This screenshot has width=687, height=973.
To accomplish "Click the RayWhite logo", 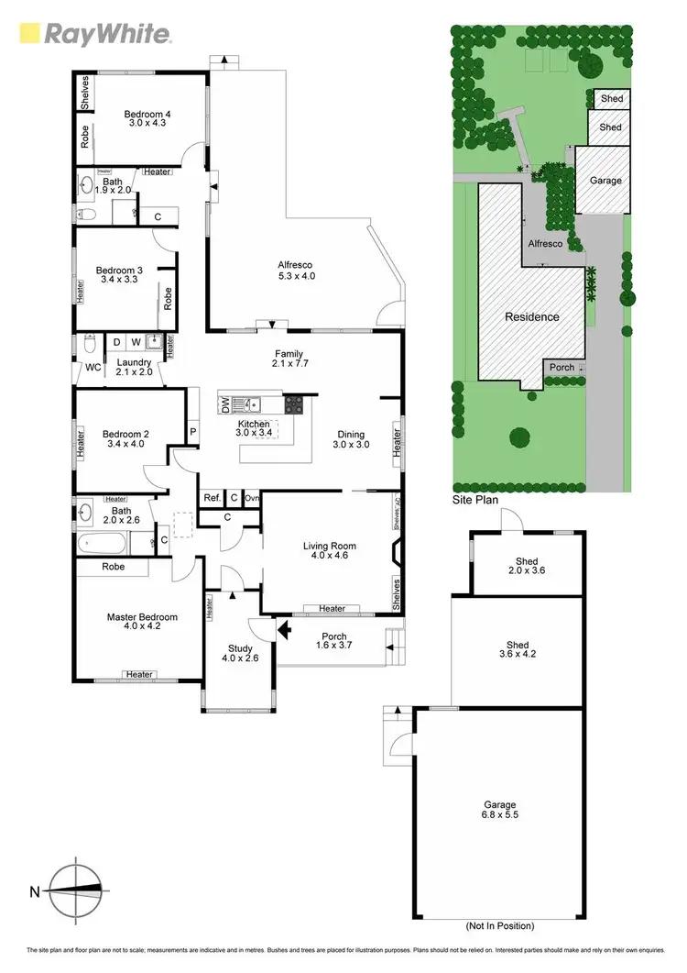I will [x=95, y=34].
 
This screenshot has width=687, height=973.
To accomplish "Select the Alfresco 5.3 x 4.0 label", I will [x=297, y=271].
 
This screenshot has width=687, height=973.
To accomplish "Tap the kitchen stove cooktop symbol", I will [x=295, y=404].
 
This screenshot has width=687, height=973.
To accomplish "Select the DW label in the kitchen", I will [x=224, y=404].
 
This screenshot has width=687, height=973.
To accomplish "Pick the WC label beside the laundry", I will [x=93, y=368].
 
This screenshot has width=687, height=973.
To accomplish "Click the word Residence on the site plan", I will [x=532, y=316].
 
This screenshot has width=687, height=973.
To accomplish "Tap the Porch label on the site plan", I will [x=562, y=368].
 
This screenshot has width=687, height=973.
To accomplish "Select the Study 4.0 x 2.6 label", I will [x=238, y=654].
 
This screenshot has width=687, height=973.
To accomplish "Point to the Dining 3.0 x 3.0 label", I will [x=351, y=440].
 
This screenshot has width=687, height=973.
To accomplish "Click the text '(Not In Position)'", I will [x=500, y=925].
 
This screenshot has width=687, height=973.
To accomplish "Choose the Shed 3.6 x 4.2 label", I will [x=517, y=649].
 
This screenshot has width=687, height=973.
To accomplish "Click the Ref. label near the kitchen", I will [x=212, y=498].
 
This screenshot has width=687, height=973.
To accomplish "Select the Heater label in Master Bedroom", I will [x=139, y=675].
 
